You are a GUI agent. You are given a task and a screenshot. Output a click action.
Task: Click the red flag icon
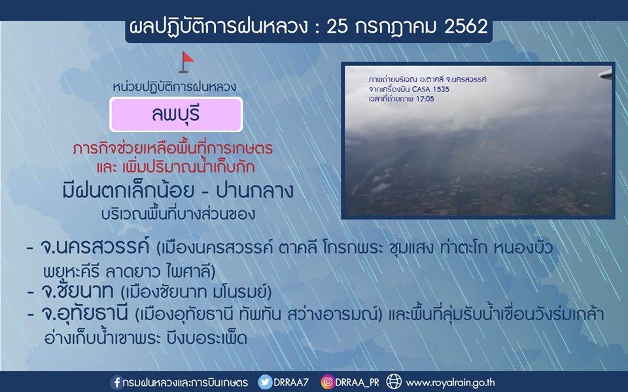pyautogui.click(x=186, y=62)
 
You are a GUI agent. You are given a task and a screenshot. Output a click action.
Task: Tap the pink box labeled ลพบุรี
pyautogui.click(x=176, y=114)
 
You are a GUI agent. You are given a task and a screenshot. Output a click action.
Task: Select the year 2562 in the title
pyautogui.click(x=466, y=27)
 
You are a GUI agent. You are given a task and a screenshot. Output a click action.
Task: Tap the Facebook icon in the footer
pyautogui.click(x=116, y=382)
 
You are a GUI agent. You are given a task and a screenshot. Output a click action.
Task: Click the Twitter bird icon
pyautogui.click(x=265, y=382)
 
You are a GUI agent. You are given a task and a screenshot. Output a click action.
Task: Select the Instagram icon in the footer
pyautogui.click(x=328, y=382)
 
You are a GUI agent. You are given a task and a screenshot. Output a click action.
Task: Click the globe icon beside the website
pyautogui.click(x=393, y=382)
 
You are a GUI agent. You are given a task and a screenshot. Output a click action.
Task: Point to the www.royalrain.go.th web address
pyautogui.click(x=450, y=383)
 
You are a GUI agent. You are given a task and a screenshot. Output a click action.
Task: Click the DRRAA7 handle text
pyautogui.click(x=291, y=382)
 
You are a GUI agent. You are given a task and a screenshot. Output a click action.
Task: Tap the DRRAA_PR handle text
pyautogui.click(x=357, y=382)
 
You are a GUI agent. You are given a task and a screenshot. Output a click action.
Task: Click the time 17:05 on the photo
pyautogui.click(x=425, y=99)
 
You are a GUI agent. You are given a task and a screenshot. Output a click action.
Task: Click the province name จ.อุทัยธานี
pyautogui.click(x=84, y=314)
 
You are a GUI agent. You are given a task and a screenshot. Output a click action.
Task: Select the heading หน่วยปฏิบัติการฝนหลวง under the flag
pyautogui.click(x=175, y=87)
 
